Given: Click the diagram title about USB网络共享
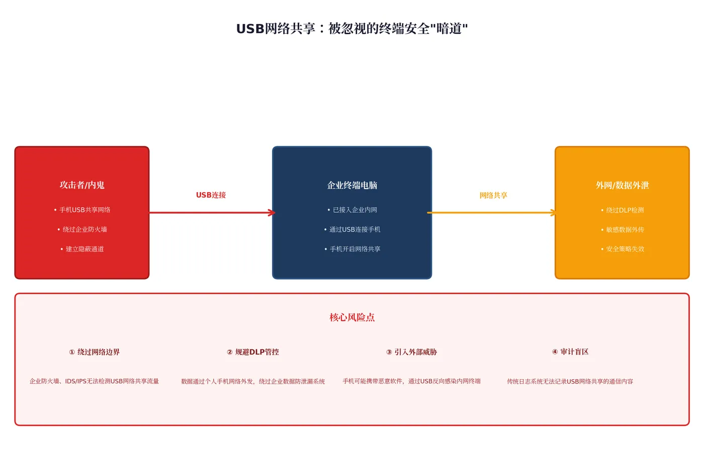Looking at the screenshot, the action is coord(352,29).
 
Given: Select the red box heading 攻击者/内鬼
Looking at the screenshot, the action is coord(82,185).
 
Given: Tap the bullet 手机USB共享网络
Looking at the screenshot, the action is coord(82,210).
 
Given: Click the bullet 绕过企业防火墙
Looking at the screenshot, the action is coord(82,229).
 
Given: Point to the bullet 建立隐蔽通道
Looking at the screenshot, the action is coord(82,249).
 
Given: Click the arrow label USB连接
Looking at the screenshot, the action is coord(211,195).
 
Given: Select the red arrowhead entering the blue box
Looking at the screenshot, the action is coord(272,213).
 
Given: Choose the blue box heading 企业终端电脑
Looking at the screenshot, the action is coord(352,186).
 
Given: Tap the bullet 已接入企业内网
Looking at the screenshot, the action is coord(353,210).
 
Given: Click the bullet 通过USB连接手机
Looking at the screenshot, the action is coord(353,229).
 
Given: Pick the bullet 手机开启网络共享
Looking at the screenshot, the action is coord(353,249).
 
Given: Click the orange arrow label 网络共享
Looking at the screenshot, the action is coord(493,196).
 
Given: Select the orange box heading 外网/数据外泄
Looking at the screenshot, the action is coord(623,186).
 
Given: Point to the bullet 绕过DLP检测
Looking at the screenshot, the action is coord(623,210).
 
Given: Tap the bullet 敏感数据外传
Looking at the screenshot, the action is coord(623,229).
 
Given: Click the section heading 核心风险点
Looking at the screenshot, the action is coord(352,317).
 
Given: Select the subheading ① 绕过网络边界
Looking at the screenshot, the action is coord(95,352).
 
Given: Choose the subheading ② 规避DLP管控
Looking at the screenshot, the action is coord(252,352).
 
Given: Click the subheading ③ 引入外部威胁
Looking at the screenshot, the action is coord(411,352).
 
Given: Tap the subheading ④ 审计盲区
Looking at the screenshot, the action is coord(570,351).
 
